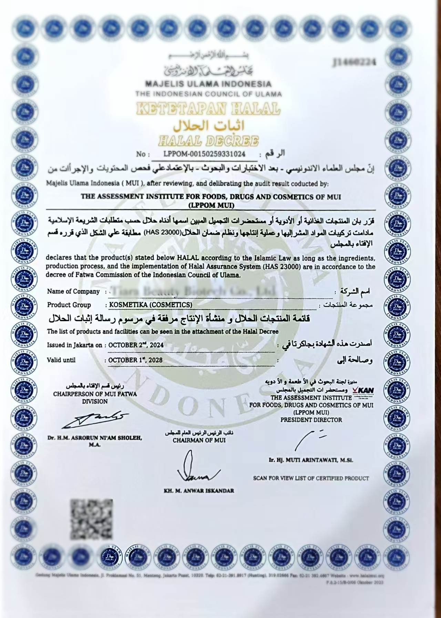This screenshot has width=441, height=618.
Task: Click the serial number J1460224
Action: tap(354, 62)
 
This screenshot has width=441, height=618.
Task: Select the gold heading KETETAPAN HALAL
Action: tap(208, 109)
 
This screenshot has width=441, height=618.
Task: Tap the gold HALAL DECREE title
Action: tap(208, 141)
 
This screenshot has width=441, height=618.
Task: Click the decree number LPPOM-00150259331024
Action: tap(205, 154)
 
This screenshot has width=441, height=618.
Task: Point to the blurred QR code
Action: tap(92, 519)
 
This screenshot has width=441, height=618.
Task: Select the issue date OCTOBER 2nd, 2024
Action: tap(136, 345)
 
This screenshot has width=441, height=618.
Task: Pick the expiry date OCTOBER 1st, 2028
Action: tap(135, 360)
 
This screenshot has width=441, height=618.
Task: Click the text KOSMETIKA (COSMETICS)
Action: tap(151, 305)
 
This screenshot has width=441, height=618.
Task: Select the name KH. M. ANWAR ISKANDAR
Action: tap(199, 490)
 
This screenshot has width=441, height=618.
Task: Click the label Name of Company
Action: tap(73, 292)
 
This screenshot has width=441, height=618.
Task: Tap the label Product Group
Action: tap(69, 305)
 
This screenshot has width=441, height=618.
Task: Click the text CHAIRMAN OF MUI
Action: tap(199, 440)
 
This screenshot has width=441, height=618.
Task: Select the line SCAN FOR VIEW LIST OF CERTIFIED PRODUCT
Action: tap(311, 478)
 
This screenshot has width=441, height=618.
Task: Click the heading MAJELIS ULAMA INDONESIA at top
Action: tap(208, 84)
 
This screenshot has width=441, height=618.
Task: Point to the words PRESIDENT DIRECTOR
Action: tap(311, 420)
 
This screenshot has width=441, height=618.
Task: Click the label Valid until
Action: tap(61, 360)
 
